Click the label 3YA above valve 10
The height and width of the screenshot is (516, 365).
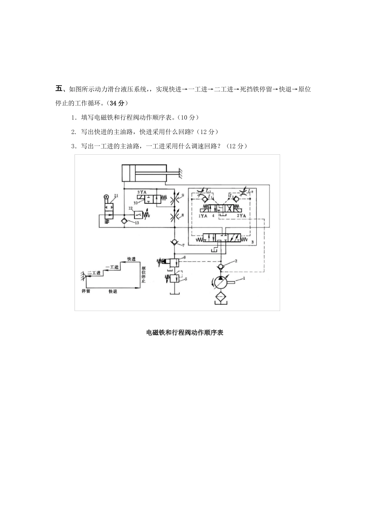point(142,191)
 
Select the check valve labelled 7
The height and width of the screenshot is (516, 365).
point(174,242)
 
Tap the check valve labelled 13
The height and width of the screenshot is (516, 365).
point(124,221)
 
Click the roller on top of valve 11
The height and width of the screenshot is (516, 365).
point(106,197)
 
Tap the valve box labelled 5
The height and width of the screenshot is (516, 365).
point(174,278)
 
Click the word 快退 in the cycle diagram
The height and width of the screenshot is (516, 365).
point(113,291)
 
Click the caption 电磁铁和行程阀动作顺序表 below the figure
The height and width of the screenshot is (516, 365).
point(185,333)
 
